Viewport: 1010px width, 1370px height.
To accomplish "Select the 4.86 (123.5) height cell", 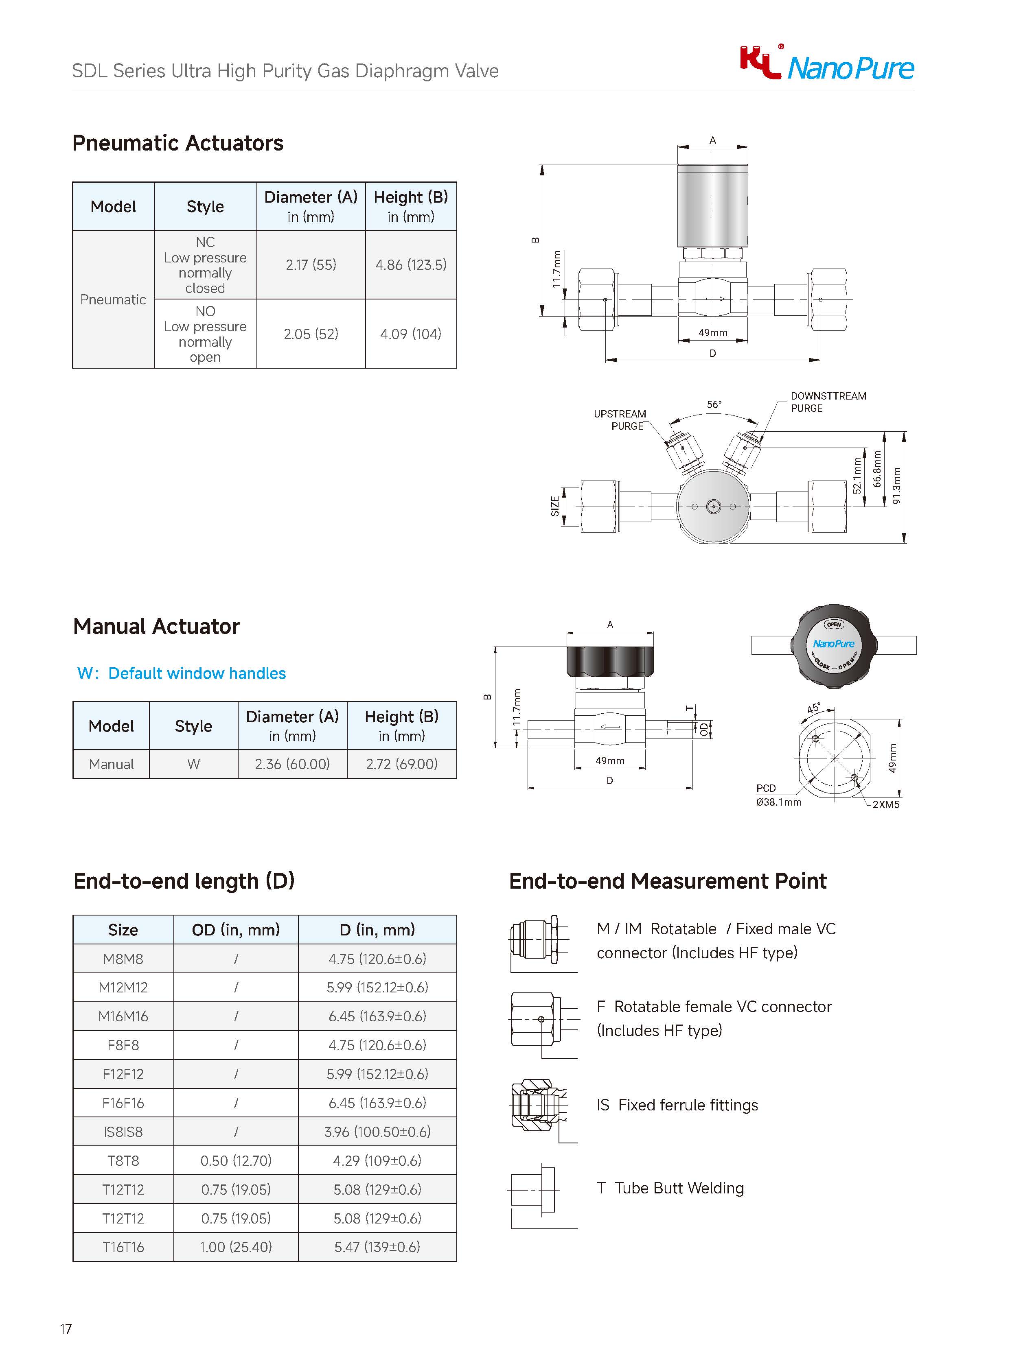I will click(411, 264).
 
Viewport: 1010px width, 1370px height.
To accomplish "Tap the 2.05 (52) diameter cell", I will click(311, 334).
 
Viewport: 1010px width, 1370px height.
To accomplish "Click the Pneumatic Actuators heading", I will click(177, 143).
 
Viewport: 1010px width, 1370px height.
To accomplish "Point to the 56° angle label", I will click(714, 404).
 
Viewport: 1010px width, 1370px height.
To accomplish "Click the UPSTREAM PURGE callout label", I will click(620, 420).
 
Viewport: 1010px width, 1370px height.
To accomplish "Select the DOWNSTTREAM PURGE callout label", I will click(828, 402).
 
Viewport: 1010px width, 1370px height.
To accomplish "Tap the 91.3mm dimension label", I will click(897, 486).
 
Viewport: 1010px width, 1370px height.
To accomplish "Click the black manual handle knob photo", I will click(834, 645).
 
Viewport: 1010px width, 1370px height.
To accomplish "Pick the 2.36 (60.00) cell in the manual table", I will click(292, 764).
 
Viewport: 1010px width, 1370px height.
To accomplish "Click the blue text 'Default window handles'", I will click(197, 673).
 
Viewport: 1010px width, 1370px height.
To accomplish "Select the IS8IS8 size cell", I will click(123, 1132).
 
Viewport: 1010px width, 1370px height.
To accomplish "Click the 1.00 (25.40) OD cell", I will click(236, 1247).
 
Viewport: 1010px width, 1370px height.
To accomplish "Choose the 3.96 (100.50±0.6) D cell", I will click(377, 1132).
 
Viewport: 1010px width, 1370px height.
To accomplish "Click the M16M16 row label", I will click(123, 1016).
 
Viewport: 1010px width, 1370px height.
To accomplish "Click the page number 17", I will click(66, 1329).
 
